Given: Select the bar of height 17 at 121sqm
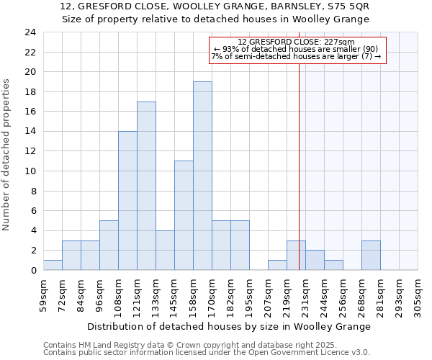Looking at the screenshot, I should click(x=146, y=186).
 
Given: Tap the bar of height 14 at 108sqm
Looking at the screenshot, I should click(x=127, y=201).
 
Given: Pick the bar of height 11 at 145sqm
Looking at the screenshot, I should click(x=184, y=215).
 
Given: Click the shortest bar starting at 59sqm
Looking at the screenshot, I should click(x=53, y=265).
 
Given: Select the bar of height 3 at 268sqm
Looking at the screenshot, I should click(x=371, y=256).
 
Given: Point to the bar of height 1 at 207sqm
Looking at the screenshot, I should click(x=277, y=265).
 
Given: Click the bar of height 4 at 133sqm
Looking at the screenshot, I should click(x=165, y=251).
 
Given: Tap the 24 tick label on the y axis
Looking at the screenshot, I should click(x=30, y=32).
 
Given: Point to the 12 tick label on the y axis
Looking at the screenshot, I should click(x=30, y=151).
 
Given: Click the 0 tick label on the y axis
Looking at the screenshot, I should click(x=32, y=271).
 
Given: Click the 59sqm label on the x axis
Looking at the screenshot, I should click(x=44, y=294).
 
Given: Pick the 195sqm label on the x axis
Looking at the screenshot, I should click(x=250, y=294).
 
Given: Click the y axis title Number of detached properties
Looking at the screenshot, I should click(x=7, y=155).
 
